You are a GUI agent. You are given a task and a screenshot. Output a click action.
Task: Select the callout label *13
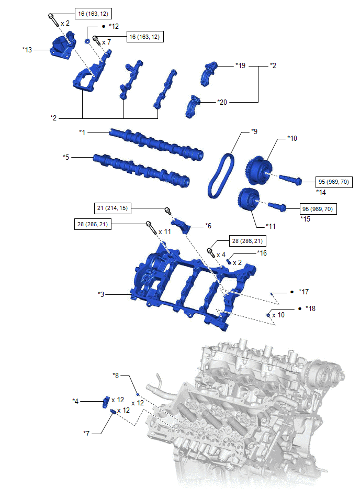pyautogui.click(x=27, y=50)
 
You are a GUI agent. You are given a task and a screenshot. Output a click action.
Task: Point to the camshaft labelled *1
pyautogui.click(x=156, y=144)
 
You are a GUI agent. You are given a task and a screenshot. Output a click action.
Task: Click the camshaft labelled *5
pyautogui.click(x=141, y=170)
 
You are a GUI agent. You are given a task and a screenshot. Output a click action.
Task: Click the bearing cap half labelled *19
pyautogui.click(x=209, y=73)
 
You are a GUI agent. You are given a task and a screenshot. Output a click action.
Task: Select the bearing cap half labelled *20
pyautogui.click(x=193, y=106)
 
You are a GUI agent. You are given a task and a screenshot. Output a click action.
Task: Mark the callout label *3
pyautogui.click(x=101, y=294)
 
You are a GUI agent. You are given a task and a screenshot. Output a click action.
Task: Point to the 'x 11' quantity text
pyautogui.click(x=165, y=231)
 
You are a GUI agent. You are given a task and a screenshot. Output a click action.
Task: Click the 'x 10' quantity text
pyautogui.click(x=278, y=315)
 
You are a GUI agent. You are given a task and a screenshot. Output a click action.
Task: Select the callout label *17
pyautogui.click(x=303, y=292)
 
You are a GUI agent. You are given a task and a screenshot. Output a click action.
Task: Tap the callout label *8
pyautogui.click(x=116, y=375)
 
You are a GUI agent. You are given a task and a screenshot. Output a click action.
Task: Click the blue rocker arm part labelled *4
pyautogui.click(x=106, y=402)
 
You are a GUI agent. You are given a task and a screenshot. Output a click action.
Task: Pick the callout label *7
pyautogui.click(x=86, y=433)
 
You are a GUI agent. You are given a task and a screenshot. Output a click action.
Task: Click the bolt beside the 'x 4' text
pyautogui.click(x=210, y=252)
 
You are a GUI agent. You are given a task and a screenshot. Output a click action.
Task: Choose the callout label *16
pyautogui.click(x=262, y=253)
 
